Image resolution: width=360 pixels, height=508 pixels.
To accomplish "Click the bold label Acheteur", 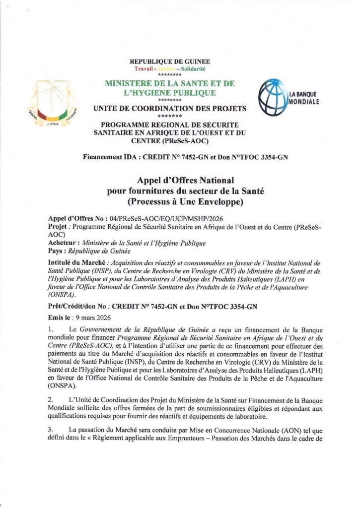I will coord(64,243).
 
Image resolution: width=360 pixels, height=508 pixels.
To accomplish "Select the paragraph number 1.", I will coord(50,329).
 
